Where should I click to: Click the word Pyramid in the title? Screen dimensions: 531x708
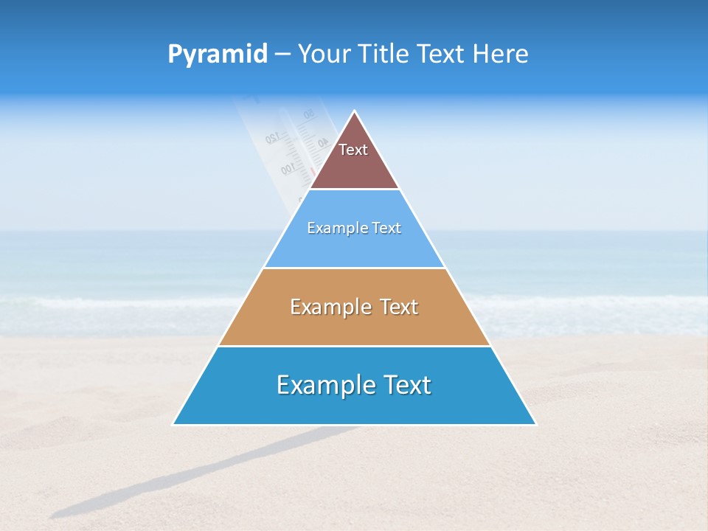218,54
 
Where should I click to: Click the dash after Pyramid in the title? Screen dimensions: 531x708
282,55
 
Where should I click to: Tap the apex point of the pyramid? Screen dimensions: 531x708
355,111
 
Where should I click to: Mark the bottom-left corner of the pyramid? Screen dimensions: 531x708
174,424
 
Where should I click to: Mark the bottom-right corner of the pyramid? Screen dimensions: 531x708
535,424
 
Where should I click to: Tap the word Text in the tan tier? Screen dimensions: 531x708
399,307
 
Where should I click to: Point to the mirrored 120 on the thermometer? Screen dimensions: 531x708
271,138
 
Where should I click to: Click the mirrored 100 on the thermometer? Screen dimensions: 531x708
288,170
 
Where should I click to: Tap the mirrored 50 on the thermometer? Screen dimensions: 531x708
308,114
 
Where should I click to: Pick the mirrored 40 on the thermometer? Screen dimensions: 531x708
323,142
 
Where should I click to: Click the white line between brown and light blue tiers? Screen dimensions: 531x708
354,190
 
